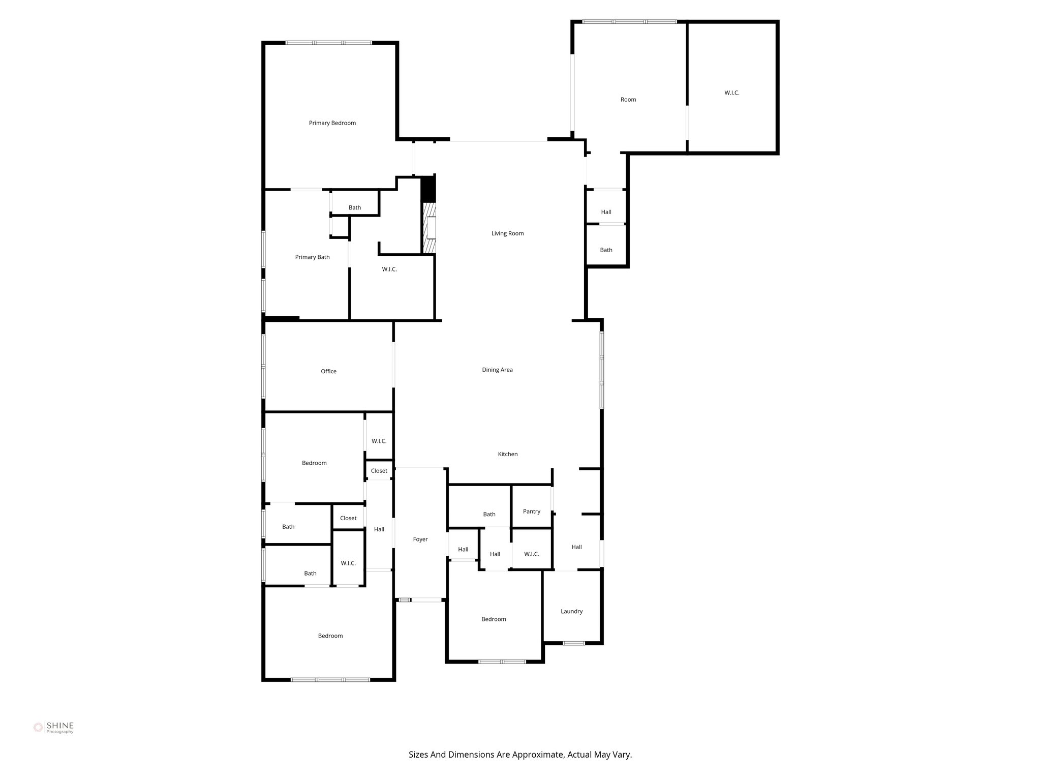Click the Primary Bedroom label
[x=332, y=123]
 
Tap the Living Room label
[x=507, y=233]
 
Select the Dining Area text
[x=497, y=370]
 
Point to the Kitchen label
[x=507, y=454]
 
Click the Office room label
[x=328, y=371]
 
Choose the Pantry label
[x=531, y=512]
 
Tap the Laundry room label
[x=571, y=611]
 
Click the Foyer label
[x=420, y=539]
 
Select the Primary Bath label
[x=312, y=257]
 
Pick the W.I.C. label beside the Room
[x=731, y=93]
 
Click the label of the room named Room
[x=628, y=100]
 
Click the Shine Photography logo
[x=53, y=728]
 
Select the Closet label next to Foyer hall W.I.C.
[x=379, y=471]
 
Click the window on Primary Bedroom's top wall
[x=328, y=43]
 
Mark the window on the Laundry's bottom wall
[x=573, y=643]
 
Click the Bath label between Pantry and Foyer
[x=489, y=514]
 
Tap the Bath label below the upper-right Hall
[x=606, y=250]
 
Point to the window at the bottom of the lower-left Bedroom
[x=330, y=679]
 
